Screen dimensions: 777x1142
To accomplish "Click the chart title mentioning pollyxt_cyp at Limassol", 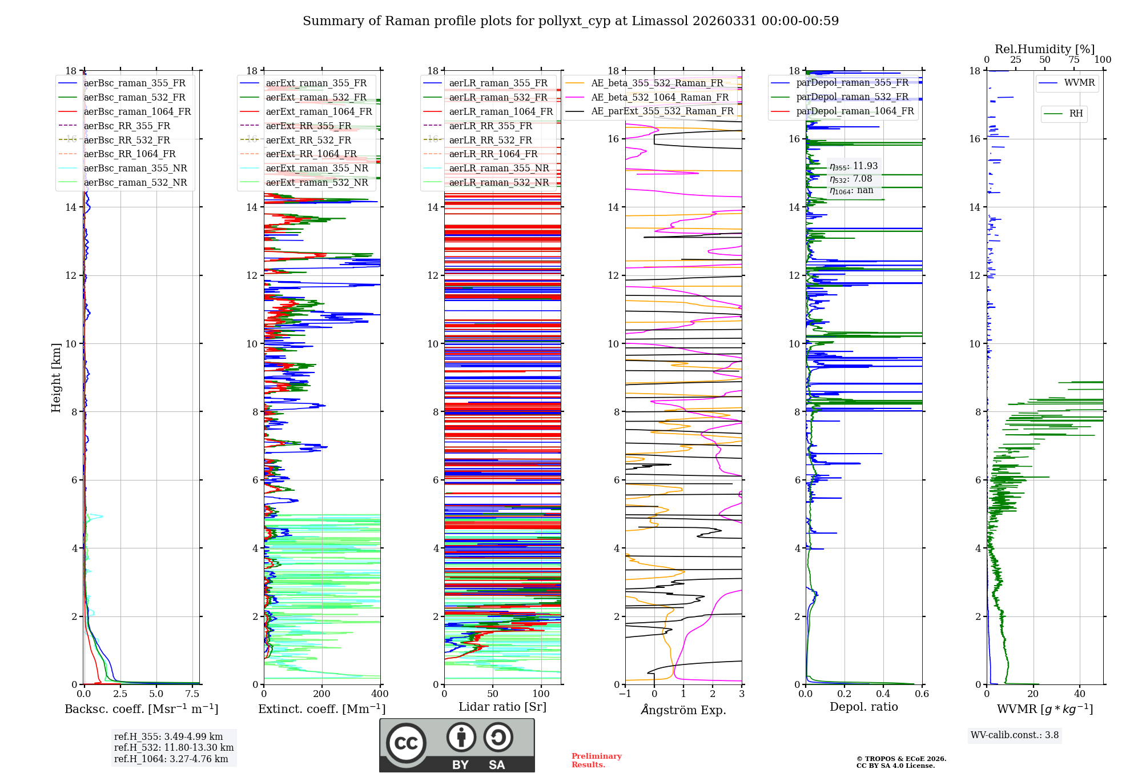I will tap(570, 21).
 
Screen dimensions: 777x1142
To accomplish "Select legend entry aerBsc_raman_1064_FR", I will tap(137, 111).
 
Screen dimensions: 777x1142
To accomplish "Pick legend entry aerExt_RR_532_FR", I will tap(308, 140).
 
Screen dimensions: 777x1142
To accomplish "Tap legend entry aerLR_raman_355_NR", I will tap(498, 168).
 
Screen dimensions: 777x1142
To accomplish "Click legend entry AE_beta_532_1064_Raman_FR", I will tap(660, 97).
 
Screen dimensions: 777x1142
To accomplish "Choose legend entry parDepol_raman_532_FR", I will tap(852, 97).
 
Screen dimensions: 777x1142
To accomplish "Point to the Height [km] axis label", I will tap(56, 377).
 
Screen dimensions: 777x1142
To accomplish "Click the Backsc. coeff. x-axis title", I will tap(141, 709).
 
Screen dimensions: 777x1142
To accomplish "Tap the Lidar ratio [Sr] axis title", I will tap(502, 707).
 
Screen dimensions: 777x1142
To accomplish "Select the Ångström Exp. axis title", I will tap(683, 710).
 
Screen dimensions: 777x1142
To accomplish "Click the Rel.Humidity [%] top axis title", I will tap(1044, 49).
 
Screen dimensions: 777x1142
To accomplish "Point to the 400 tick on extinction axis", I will tap(380, 694).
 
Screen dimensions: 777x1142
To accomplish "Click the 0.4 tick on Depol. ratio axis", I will tap(883, 694).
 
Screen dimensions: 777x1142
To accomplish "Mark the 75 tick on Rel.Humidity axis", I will tap(1074, 60).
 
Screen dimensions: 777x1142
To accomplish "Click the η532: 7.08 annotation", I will tap(851, 179).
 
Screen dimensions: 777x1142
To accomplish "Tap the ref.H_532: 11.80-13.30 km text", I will tap(174, 747).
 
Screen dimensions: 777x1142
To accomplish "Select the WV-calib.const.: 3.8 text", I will tap(1014, 735).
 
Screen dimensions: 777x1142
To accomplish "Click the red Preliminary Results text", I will tap(596, 760).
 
